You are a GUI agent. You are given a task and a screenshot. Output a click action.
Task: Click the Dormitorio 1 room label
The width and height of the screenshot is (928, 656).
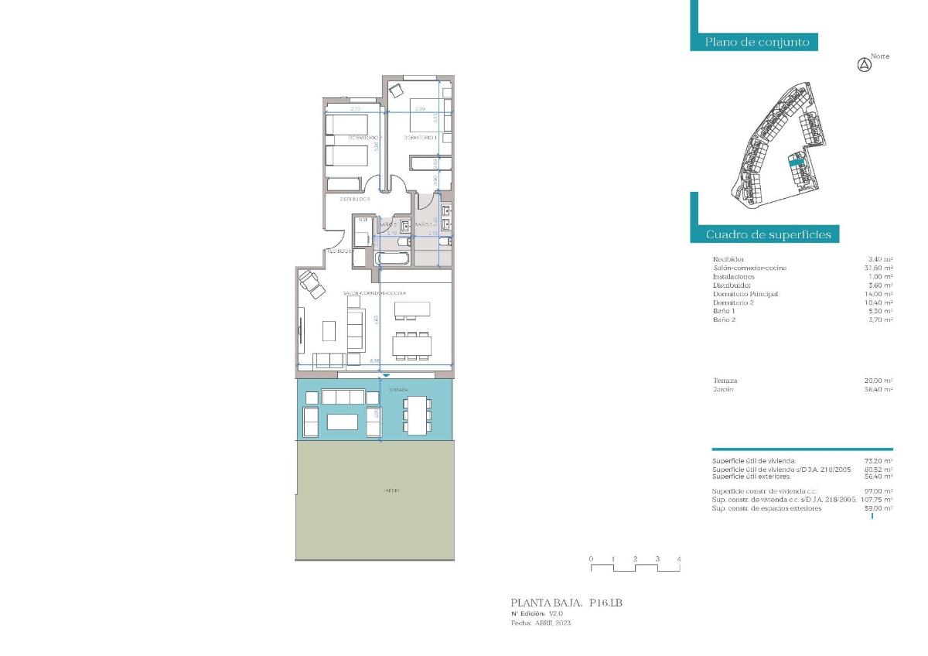(421, 138)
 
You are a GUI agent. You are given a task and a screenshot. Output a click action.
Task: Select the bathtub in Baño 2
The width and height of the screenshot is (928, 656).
(393, 258)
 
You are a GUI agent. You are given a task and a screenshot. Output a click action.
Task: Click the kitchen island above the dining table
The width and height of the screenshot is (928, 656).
(411, 309)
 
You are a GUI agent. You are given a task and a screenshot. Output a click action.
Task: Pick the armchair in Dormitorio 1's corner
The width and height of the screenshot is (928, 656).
(396, 90)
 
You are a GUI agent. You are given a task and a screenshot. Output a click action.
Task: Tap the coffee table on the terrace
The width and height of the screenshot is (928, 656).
(343, 422)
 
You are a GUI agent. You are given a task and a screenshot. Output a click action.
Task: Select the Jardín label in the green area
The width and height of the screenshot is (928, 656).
(391, 490)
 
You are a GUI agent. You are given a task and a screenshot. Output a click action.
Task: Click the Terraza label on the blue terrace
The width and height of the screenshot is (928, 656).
(397, 389)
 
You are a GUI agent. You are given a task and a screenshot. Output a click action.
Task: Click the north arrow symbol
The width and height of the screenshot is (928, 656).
(865, 66)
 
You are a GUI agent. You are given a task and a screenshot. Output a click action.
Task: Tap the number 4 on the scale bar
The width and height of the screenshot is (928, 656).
(679, 559)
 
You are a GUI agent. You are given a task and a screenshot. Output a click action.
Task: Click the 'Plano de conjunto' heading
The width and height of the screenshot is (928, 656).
(756, 43)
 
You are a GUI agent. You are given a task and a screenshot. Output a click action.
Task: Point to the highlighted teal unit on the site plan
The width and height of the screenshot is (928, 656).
(796, 162)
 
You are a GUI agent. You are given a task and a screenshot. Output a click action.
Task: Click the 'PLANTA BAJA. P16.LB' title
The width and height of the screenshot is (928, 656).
(566, 603)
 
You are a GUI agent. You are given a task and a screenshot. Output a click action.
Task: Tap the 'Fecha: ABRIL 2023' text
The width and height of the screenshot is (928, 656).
(541, 623)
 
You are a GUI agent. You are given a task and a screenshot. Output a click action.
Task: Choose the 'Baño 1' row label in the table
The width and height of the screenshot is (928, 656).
(725, 311)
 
